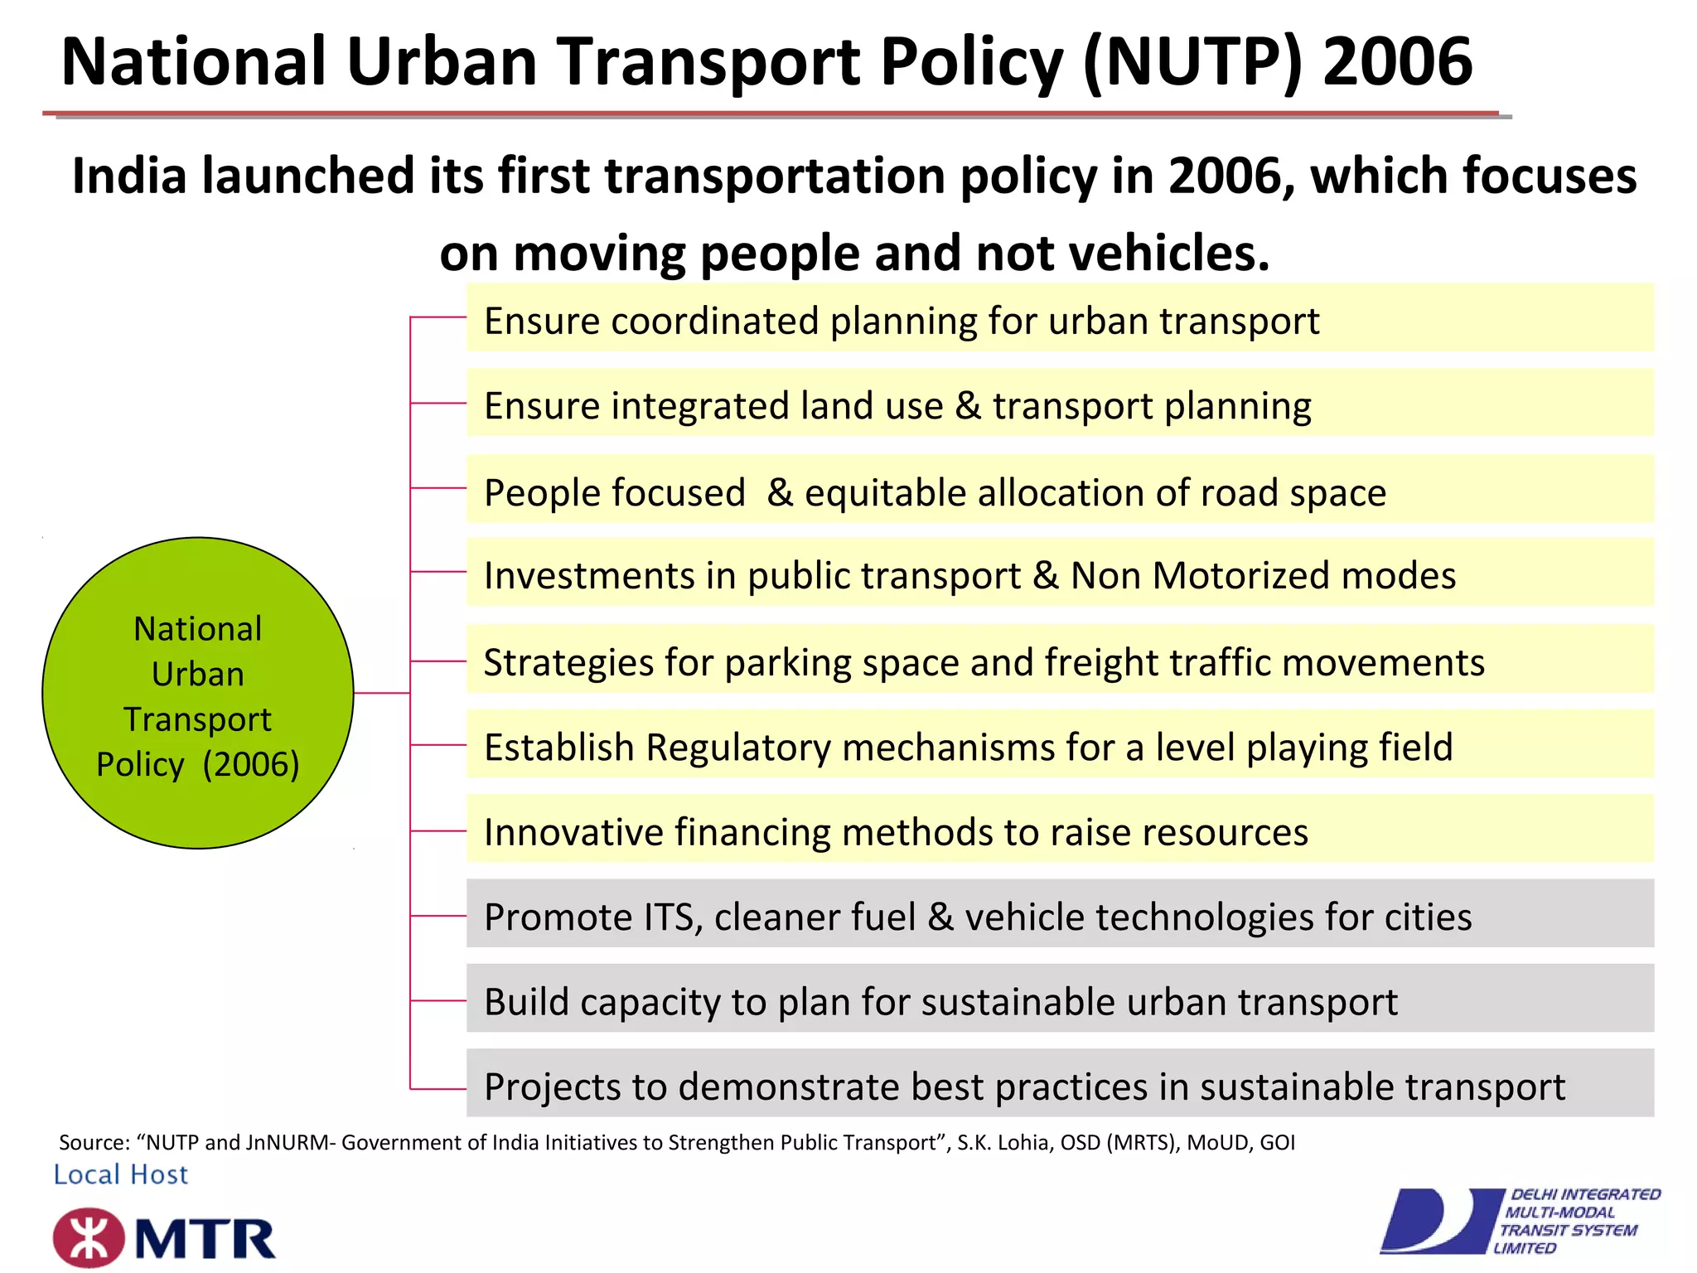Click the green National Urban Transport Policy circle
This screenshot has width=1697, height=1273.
[197, 693]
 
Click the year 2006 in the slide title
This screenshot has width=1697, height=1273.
[1397, 62]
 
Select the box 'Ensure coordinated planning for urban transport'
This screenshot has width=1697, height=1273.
[1059, 318]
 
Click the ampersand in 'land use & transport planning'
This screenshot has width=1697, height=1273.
[967, 406]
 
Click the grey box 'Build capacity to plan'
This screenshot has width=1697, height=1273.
[1059, 999]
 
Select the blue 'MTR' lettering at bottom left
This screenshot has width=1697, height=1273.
[205, 1240]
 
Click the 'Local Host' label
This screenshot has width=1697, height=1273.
[121, 1174]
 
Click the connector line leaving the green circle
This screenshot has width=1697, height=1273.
[381, 693]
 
